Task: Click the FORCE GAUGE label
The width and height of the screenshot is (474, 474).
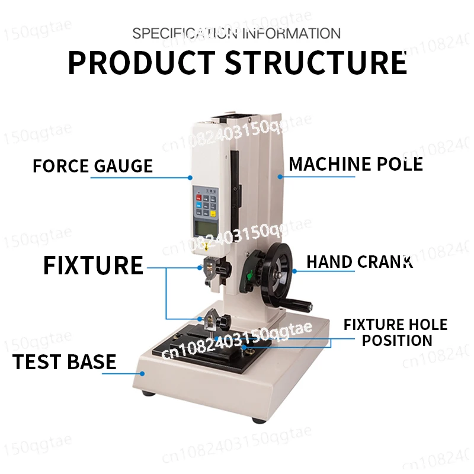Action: pyautogui.click(x=92, y=166)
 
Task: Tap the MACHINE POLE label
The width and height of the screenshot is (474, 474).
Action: pyautogui.click(x=355, y=164)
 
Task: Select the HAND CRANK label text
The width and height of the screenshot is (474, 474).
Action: pyautogui.click(x=359, y=262)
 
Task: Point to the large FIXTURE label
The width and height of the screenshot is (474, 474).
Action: pyautogui.click(x=93, y=265)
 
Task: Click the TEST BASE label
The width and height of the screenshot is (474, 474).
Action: pyautogui.click(x=64, y=361)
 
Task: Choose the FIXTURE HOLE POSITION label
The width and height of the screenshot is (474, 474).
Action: pyautogui.click(x=396, y=332)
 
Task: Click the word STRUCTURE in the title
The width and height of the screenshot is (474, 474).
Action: pyautogui.click(x=316, y=63)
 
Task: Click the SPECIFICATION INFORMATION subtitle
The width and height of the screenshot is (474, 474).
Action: pyautogui.click(x=236, y=33)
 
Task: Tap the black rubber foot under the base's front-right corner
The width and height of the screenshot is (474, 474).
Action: pyautogui.click(x=258, y=419)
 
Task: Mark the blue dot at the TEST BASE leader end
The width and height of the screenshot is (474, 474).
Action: pyautogui.click(x=142, y=373)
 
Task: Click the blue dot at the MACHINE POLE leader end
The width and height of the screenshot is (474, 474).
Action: pyautogui.click(x=280, y=176)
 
